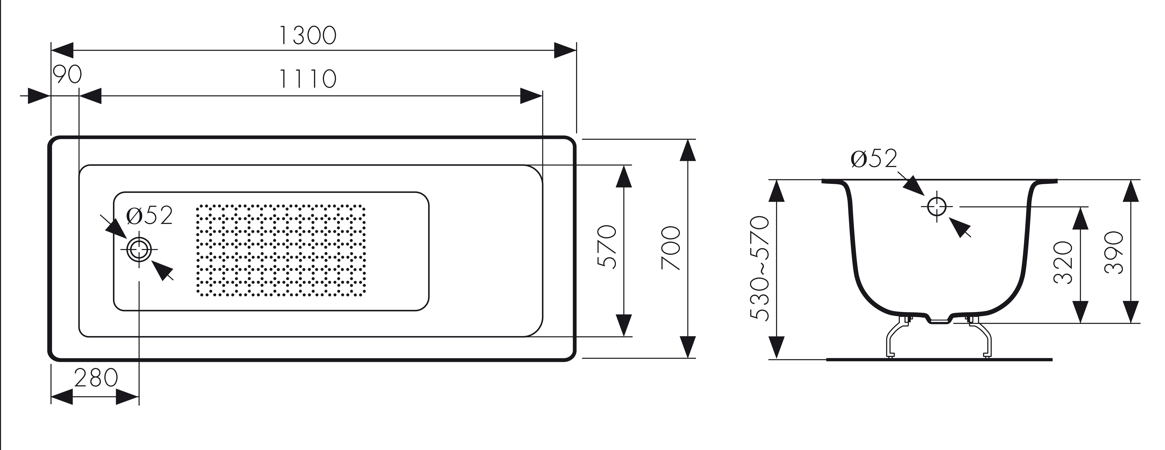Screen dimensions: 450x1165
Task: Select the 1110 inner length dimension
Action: click(x=308, y=79)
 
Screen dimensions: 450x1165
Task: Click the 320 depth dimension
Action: click(x=1063, y=262)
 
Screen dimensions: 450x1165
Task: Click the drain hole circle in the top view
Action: click(x=139, y=249)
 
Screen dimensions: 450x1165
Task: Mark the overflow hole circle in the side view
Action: click(x=937, y=207)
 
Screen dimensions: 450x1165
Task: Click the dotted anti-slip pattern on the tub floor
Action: click(x=281, y=250)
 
